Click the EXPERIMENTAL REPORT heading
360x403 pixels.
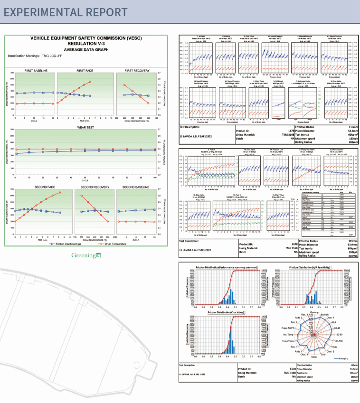coord(66,12)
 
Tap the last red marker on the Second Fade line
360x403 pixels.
coord(60,193)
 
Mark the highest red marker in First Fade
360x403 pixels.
coord(90,82)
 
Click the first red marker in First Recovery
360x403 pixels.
coord(124,85)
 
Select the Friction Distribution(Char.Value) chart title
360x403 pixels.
coord(219,313)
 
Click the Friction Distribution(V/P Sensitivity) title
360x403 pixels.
coord(313,267)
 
